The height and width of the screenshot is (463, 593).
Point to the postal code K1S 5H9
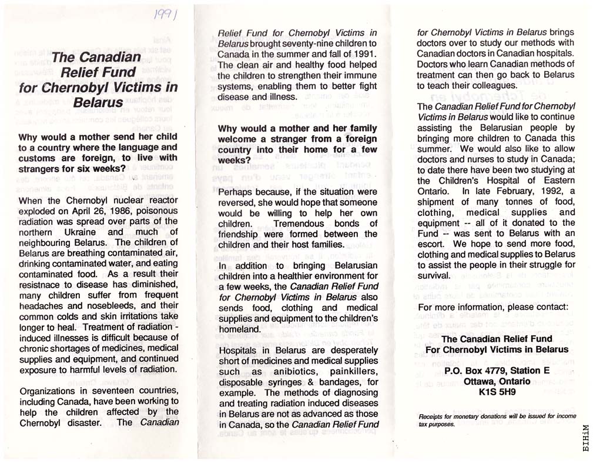[497, 392]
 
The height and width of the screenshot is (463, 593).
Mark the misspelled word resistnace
[42, 284]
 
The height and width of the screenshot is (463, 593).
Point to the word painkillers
[354, 371]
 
